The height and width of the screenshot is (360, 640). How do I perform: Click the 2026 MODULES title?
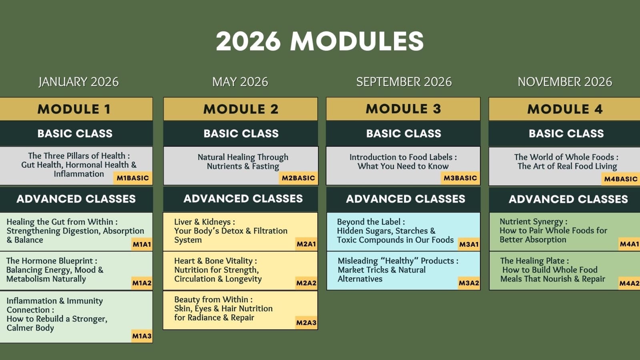click(x=320, y=41)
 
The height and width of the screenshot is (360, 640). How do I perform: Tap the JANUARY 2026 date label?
click(x=78, y=82)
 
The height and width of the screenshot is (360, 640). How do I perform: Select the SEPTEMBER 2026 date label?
click(x=404, y=82)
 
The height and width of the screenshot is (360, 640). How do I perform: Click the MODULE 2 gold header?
click(x=240, y=109)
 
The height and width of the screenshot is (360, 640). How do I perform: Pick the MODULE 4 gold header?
click(x=564, y=109)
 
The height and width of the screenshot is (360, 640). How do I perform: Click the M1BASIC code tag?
click(x=133, y=178)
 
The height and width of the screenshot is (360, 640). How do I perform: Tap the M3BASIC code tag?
click(x=460, y=178)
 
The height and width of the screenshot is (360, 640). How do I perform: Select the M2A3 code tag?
click(x=306, y=323)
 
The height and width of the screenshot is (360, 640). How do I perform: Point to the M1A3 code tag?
click(x=142, y=336)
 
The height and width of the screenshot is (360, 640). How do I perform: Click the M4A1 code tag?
click(x=629, y=244)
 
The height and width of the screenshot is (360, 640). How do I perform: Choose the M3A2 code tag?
click(x=468, y=283)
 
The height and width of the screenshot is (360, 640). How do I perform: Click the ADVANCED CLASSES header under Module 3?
click(x=405, y=199)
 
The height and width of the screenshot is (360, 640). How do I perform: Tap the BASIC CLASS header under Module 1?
click(x=75, y=134)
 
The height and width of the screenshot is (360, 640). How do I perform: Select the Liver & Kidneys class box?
click(x=240, y=231)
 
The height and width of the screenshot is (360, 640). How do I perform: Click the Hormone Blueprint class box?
click(x=76, y=270)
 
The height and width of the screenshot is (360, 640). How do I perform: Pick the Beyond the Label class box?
click(x=403, y=231)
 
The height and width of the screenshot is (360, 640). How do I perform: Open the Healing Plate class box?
click(x=564, y=270)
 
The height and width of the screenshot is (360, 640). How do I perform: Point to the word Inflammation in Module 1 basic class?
click(x=79, y=174)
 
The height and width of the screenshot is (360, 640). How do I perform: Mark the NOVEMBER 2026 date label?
click(x=564, y=82)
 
